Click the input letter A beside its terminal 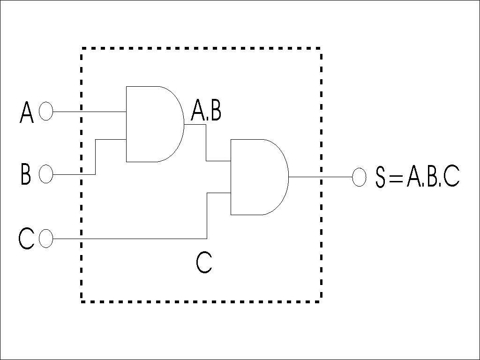(27, 113)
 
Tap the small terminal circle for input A (46, 112)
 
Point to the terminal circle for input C (46, 238)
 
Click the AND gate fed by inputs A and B (152, 124)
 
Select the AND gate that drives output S (257, 177)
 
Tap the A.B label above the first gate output (206, 112)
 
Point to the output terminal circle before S (359, 177)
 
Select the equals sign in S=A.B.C (396, 178)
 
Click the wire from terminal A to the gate (89, 112)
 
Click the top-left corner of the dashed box (82, 48)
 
